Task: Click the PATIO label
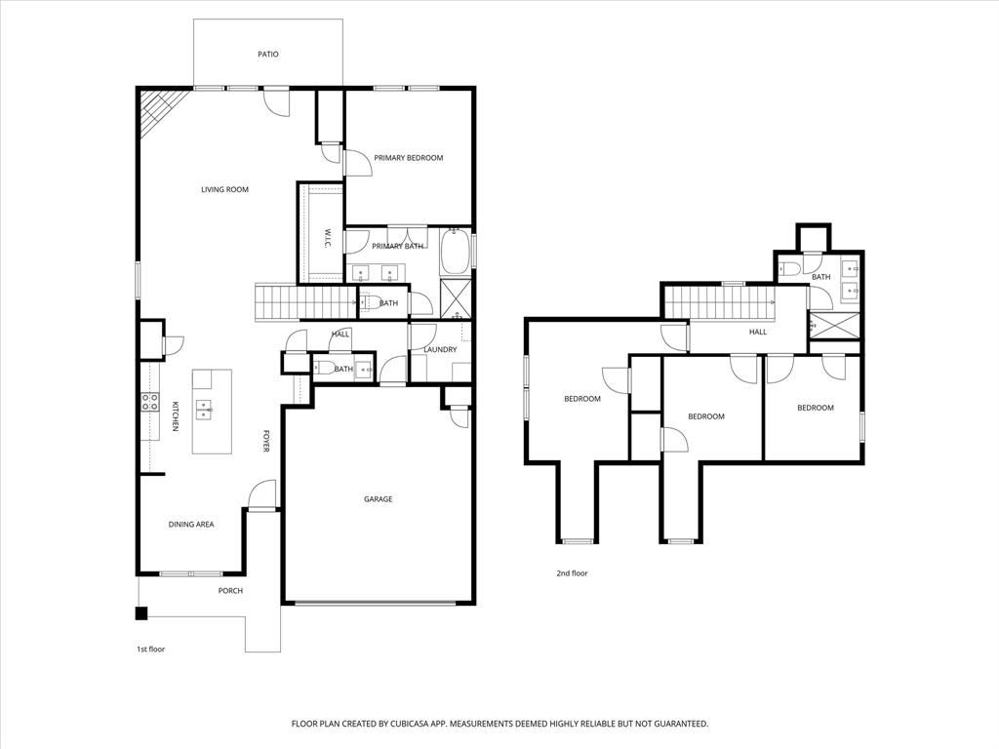268,55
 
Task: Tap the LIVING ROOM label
225,189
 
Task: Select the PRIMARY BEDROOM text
409,158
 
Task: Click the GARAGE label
379,499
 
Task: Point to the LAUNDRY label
440,349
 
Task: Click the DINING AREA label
191,525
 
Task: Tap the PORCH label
230,591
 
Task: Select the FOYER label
264,442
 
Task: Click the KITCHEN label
176,416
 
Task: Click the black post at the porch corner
140,613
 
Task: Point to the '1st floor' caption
150,649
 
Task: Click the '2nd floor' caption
572,573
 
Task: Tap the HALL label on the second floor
758,332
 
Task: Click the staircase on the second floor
720,301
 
